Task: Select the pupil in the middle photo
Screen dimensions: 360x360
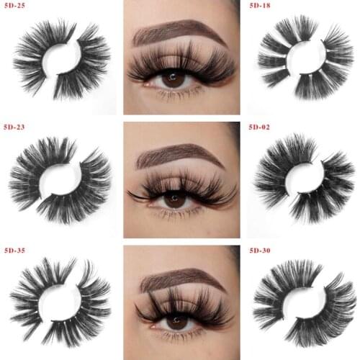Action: click(x=174, y=200)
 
